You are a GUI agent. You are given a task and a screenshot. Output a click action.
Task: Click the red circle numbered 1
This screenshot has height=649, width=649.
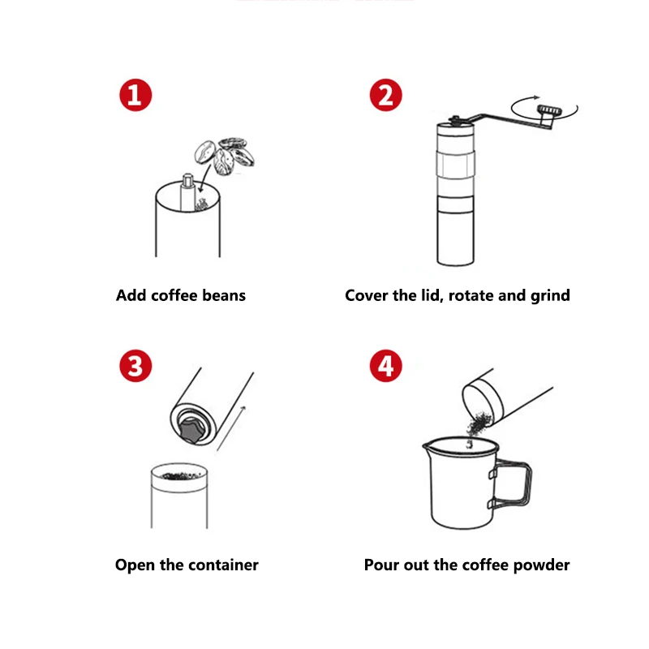point(135,95)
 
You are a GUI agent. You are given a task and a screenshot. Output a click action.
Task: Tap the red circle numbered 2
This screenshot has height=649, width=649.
point(385,95)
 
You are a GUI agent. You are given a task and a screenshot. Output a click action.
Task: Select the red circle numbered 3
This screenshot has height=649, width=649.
point(135,366)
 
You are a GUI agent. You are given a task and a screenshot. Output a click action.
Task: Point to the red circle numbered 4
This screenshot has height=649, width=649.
point(385,366)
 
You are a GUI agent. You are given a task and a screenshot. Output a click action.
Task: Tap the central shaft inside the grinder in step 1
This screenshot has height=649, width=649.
point(187,191)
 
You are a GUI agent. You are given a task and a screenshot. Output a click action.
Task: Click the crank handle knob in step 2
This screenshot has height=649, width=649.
point(550,110)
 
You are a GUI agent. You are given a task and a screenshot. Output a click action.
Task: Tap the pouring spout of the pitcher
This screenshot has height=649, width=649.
point(428,445)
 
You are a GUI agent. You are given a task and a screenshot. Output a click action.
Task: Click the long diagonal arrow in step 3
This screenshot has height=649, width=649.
point(231,428)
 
